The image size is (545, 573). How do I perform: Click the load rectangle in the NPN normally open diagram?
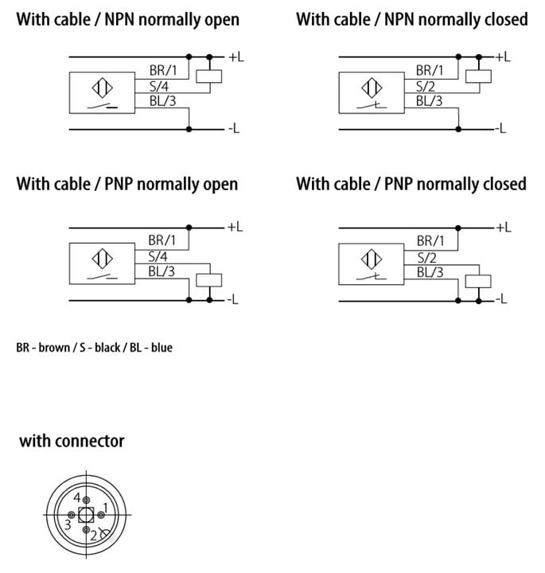pyautogui.click(x=209, y=76)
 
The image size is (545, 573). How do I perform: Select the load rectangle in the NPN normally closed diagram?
pyautogui.click(x=478, y=76)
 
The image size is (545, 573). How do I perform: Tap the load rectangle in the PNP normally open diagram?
pyautogui.click(x=209, y=280)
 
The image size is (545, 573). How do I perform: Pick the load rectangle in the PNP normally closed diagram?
pyautogui.click(x=478, y=282)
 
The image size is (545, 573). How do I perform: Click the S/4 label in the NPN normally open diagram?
pyautogui.click(x=159, y=87)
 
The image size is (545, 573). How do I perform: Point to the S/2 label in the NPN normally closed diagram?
pyautogui.click(x=426, y=87)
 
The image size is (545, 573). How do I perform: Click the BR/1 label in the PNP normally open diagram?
pyautogui.click(x=162, y=240)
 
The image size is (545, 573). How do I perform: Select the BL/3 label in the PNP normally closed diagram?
pyautogui.click(x=430, y=272)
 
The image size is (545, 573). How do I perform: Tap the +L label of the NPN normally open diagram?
pyautogui.click(x=236, y=57)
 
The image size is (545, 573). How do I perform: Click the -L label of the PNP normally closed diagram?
pyautogui.click(x=500, y=299)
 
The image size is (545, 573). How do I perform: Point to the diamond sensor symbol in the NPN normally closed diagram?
pyautogui.click(x=372, y=88)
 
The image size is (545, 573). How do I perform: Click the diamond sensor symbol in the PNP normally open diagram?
pyautogui.click(x=103, y=259)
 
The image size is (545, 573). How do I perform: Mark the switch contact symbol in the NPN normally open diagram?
pyautogui.click(x=103, y=107)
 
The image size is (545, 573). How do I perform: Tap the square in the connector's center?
pyautogui.click(x=86, y=515)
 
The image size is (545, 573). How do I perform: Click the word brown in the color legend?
pyautogui.click(x=54, y=347)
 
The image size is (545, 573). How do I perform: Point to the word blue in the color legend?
pyautogui.click(x=162, y=347)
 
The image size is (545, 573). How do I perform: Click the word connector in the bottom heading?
pyautogui.click(x=89, y=441)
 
